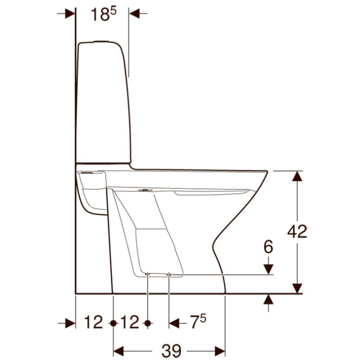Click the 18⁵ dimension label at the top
[x=102, y=14]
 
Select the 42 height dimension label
[x=297, y=232]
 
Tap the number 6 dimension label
[x=269, y=247]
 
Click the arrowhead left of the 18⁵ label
[x=70, y=14]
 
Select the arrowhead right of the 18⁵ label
[x=134, y=14]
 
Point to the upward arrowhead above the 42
[x=298, y=176]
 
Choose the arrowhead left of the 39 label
[x=119, y=351]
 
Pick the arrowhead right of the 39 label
[x=219, y=351]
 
